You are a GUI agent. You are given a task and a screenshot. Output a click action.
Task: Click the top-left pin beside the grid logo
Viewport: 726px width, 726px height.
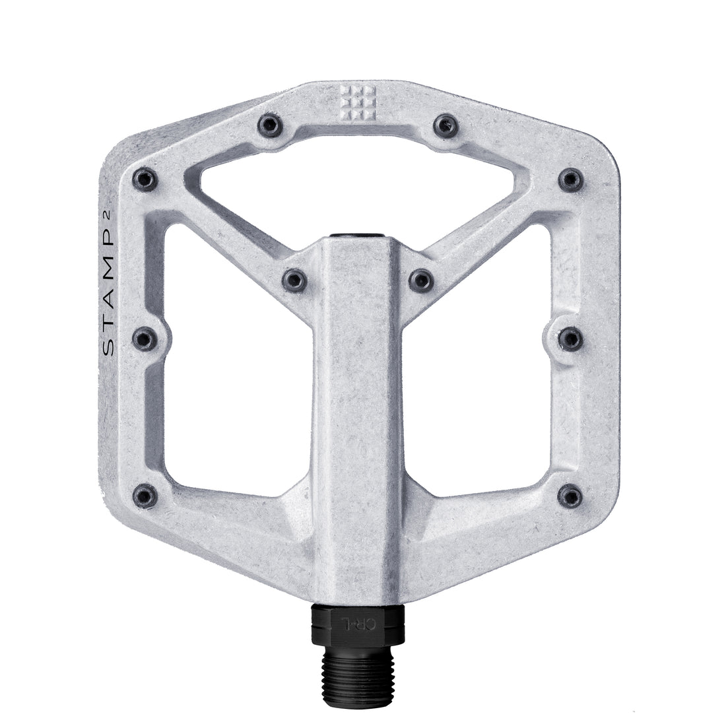tap(269, 124)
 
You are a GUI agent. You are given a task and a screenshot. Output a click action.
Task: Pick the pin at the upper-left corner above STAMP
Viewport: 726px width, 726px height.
tap(145, 178)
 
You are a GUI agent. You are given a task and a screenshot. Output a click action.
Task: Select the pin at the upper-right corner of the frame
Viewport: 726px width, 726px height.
tap(570, 179)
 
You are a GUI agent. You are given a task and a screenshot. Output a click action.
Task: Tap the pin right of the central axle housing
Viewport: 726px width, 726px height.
tap(420, 280)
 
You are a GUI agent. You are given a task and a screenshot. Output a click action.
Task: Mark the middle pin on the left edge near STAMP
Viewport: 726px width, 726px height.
tap(145, 339)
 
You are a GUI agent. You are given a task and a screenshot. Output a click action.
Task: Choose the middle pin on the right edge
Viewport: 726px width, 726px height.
tap(570, 339)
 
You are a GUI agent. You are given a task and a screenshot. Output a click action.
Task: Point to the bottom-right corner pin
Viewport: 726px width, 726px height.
tap(570, 494)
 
